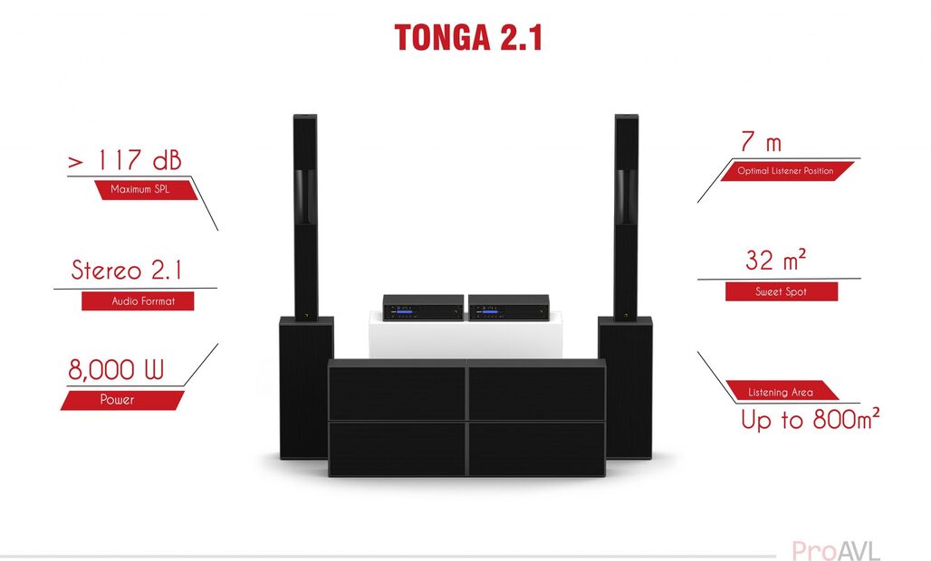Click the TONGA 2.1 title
tap(468, 37)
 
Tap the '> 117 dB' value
tap(125, 161)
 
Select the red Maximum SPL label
tap(140, 190)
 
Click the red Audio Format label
tap(138, 301)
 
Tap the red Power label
tap(118, 400)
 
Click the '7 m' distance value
tap(760, 142)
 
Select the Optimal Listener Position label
tap(785, 170)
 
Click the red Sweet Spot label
tap(781, 291)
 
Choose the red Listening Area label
tap(781, 392)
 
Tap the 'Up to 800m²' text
tap(810, 420)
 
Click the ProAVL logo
tap(835, 550)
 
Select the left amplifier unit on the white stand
tap(423, 308)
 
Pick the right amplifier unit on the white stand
tap(508, 308)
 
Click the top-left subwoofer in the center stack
tap(397, 391)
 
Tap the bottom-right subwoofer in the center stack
tap(536, 449)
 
